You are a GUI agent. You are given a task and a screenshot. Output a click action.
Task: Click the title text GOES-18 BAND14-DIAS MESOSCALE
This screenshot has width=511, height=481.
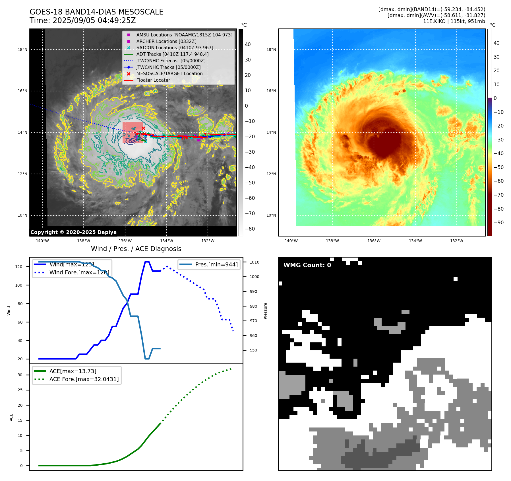coord(96,12)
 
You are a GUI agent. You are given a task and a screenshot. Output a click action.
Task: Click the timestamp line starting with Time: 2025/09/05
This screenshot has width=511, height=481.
coord(82,20)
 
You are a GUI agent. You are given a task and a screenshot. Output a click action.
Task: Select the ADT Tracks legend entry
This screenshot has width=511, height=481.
coord(172,54)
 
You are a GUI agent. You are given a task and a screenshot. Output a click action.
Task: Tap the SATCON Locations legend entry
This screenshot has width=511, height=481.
coord(175,48)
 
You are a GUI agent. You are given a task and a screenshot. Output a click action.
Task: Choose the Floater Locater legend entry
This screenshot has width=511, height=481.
coord(153,80)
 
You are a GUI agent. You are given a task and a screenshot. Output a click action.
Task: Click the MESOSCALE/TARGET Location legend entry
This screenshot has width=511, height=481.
coord(169,73)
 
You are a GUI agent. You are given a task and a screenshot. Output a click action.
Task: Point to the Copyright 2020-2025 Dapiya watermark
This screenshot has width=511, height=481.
coord(73,232)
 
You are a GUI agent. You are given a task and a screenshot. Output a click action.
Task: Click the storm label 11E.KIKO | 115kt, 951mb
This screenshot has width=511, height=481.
coord(454,21)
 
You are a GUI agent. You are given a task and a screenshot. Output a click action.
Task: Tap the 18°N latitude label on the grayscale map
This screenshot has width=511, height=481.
coord(22,50)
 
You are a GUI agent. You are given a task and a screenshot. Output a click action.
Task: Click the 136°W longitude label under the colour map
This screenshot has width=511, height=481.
coord(374,241)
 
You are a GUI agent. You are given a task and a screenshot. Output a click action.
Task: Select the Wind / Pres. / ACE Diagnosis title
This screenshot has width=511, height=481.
coord(136,249)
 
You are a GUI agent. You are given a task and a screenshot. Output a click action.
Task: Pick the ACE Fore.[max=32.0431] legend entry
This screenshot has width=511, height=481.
coord(84,379)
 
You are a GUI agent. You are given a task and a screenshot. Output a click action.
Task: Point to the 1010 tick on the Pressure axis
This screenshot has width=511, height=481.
coord(255,262)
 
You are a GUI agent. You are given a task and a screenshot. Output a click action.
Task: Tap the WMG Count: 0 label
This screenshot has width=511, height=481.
coord(307,265)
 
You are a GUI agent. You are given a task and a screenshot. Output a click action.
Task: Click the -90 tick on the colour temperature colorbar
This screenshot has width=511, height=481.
coord(498,223)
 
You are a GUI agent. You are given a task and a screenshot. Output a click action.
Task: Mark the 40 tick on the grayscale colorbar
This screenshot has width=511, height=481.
coord(248,44)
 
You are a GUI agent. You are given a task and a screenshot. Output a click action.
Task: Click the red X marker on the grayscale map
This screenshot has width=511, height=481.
coord(143,128)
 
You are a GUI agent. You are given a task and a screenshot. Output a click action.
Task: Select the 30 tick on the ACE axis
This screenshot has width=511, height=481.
coord(20,375)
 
